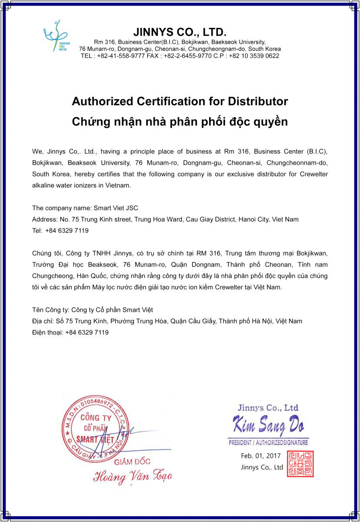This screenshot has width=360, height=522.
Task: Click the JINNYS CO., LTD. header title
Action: pos(180,32)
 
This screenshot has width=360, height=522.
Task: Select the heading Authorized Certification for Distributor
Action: pos(180,101)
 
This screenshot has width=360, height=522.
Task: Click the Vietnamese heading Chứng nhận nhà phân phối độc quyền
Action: pos(180,121)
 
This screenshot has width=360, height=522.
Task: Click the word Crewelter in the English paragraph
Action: pos(314,174)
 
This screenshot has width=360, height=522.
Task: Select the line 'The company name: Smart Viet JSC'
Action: pos(85,208)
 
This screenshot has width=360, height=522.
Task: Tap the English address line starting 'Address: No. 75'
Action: pos(165,219)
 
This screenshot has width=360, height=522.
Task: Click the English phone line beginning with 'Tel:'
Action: pos(60,231)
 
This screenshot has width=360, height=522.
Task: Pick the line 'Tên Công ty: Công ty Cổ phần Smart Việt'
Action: pos(93,310)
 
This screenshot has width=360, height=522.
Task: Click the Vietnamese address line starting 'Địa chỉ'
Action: pos(167,321)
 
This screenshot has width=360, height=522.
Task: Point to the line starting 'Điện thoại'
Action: pos(70,332)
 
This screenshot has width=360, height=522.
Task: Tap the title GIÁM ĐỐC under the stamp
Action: pos(132,462)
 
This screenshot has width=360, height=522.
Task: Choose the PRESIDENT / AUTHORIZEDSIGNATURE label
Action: pos(268,443)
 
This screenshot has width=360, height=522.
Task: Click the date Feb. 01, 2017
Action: pos(261,456)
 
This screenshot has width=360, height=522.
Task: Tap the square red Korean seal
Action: pos(300,464)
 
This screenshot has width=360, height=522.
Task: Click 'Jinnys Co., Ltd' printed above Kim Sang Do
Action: pos(268,408)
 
